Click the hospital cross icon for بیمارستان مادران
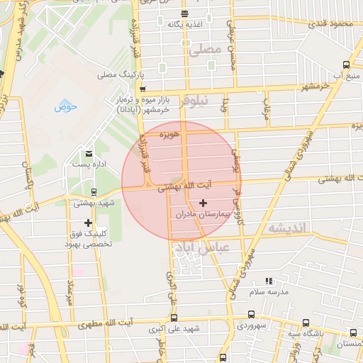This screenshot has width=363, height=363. pos(203,203)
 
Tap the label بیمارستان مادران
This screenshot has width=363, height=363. pos(203,213)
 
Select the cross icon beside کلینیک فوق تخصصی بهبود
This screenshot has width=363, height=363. pos(88,223)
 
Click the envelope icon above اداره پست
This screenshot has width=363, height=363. pos(89,153)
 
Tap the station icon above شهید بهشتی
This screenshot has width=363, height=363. pos(94,191)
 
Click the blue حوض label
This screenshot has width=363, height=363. pos(66,107)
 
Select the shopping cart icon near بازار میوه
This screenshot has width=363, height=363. pos(143,89)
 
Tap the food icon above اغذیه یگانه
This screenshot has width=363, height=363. pos(184,13)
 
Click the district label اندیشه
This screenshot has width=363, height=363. pos(286,228)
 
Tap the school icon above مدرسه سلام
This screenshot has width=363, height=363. pos(268,281)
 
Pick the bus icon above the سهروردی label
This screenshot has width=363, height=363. pos(251,315)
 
